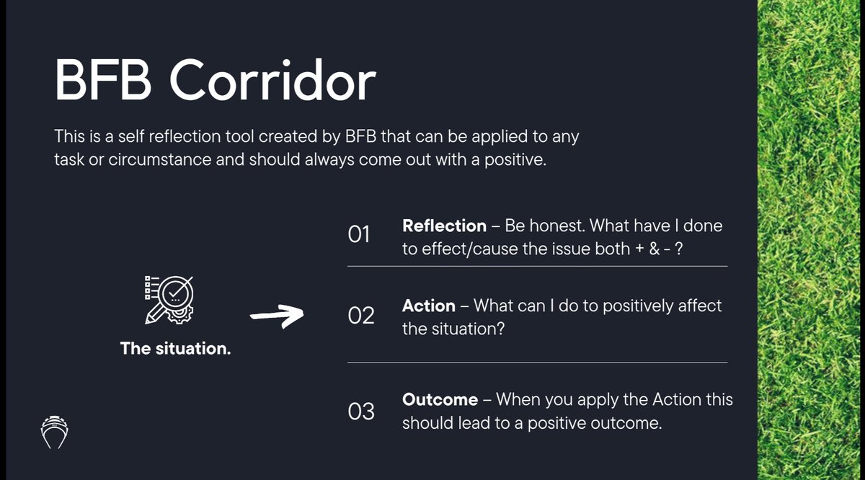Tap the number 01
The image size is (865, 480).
click(x=359, y=235)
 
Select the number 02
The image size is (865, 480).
click(x=360, y=316)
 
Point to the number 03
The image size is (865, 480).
click(x=360, y=412)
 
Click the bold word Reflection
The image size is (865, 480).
click(x=444, y=226)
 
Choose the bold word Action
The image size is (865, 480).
click(x=428, y=306)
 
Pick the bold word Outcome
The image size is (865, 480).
click(x=440, y=399)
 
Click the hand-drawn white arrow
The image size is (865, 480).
click(x=277, y=315)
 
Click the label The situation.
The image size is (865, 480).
click(x=175, y=349)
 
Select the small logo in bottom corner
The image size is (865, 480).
click(x=55, y=432)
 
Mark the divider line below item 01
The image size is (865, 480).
click(x=537, y=267)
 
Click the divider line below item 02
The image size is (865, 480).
click(x=537, y=363)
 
